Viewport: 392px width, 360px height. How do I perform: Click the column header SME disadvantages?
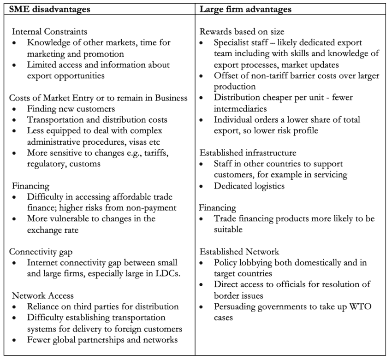pyautogui.click(x=46, y=8)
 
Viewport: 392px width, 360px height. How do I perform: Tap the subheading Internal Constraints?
pyautogui.click(x=49, y=32)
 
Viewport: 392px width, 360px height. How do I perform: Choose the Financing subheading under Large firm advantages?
pyautogui.click(x=218, y=208)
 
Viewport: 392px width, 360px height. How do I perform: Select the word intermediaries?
pyautogui.click(x=241, y=109)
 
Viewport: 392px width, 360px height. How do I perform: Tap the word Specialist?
pyautogui.click(x=234, y=43)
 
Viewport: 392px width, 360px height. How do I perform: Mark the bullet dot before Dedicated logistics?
pyautogui.click(x=203, y=186)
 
